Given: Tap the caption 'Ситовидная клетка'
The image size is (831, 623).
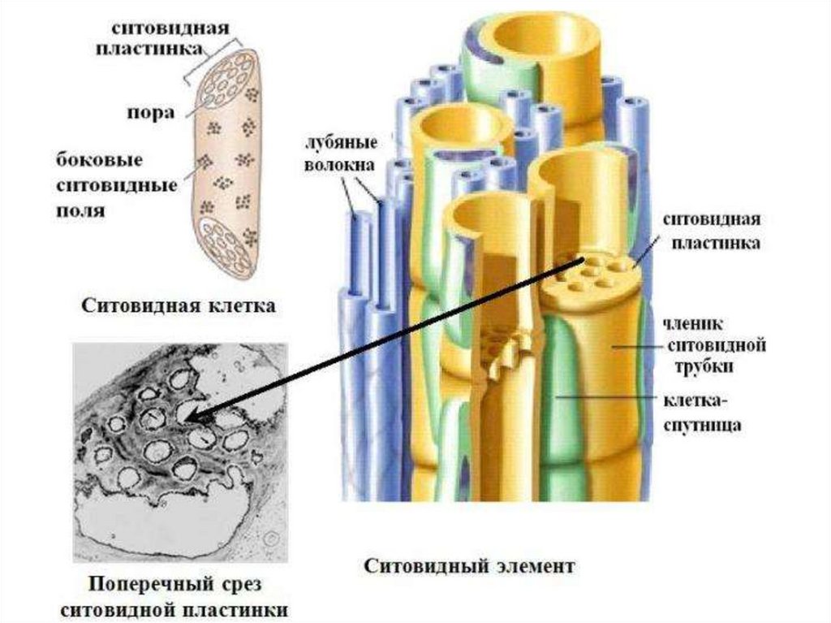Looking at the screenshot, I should (x=176, y=306).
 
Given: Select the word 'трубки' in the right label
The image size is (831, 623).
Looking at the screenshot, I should (x=704, y=366).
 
